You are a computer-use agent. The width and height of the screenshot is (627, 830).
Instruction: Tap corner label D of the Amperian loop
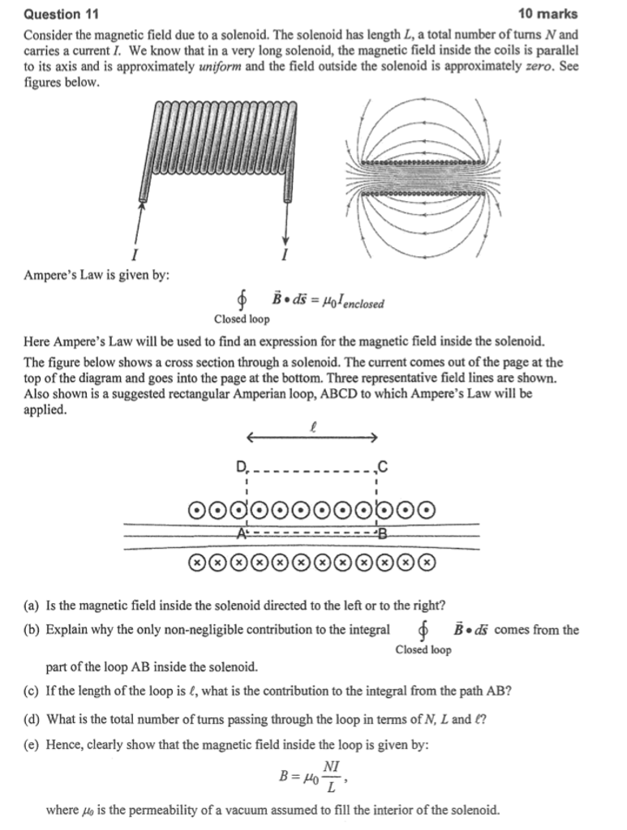[240, 465]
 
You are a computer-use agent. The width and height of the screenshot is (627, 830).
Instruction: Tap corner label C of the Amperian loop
[383, 465]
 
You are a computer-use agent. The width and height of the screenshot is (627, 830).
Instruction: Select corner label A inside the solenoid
[241, 534]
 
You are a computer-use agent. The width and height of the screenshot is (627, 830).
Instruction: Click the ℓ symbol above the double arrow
[312, 424]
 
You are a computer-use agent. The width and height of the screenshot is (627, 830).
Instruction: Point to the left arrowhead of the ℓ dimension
[251, 439]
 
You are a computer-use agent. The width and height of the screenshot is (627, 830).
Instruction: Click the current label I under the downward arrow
[285, 256]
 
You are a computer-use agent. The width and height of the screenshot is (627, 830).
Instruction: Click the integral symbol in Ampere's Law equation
[242, 303]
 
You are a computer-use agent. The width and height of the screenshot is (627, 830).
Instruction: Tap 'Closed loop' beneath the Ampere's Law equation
[242, 319]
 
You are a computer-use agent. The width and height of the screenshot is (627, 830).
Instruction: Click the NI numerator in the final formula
[331, 767]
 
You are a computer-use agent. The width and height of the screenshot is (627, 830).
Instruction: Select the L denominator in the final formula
[331, 787]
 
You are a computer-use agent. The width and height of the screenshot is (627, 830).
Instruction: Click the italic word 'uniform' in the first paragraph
[221, 66]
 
